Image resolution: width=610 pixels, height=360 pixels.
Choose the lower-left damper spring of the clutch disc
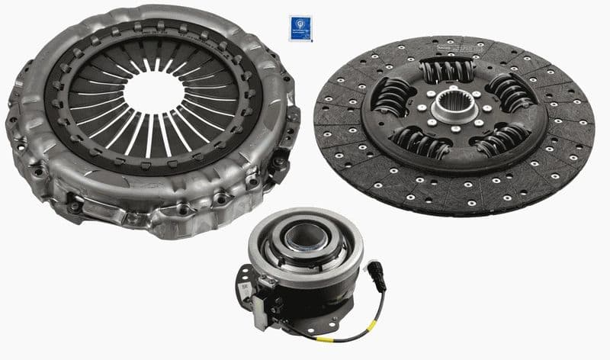click(421, 141)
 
